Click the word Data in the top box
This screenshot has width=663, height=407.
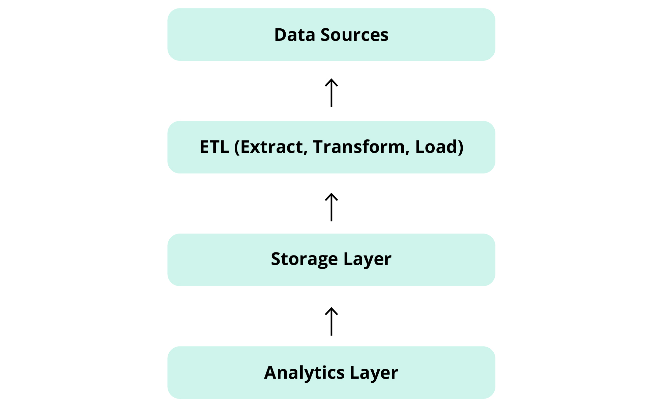point(294,35)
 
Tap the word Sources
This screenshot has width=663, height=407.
point(354,35)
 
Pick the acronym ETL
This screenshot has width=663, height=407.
point(214,147)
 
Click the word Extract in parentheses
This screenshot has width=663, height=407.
point(272,147)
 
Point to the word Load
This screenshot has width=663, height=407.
point(436,147)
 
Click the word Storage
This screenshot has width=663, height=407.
point(304,259)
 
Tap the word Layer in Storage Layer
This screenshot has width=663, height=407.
point(367,259)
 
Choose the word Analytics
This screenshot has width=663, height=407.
point(304,373)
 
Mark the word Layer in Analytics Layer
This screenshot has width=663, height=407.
point(374,373)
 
